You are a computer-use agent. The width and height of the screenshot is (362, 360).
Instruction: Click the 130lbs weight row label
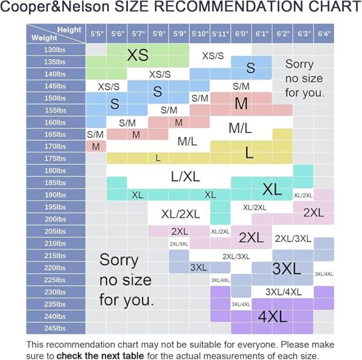coord(55,49)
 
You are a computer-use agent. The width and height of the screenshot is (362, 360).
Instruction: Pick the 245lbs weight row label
coord(55,328)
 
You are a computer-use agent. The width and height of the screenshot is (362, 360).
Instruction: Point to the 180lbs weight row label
coord(55,170)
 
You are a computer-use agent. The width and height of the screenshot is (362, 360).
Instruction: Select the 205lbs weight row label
coord(55,231)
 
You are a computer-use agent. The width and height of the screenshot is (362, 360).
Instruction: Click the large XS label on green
coord(138,55)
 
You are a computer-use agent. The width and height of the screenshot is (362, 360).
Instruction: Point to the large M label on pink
coord(241,103)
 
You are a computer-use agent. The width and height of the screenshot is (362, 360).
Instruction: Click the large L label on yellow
coord(249,153)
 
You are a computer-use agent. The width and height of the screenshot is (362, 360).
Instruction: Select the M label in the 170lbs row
coord(96,146)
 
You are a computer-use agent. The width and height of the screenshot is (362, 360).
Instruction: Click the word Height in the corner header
coord(69,30)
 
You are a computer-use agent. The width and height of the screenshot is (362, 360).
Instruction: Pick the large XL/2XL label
coord(180,213)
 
